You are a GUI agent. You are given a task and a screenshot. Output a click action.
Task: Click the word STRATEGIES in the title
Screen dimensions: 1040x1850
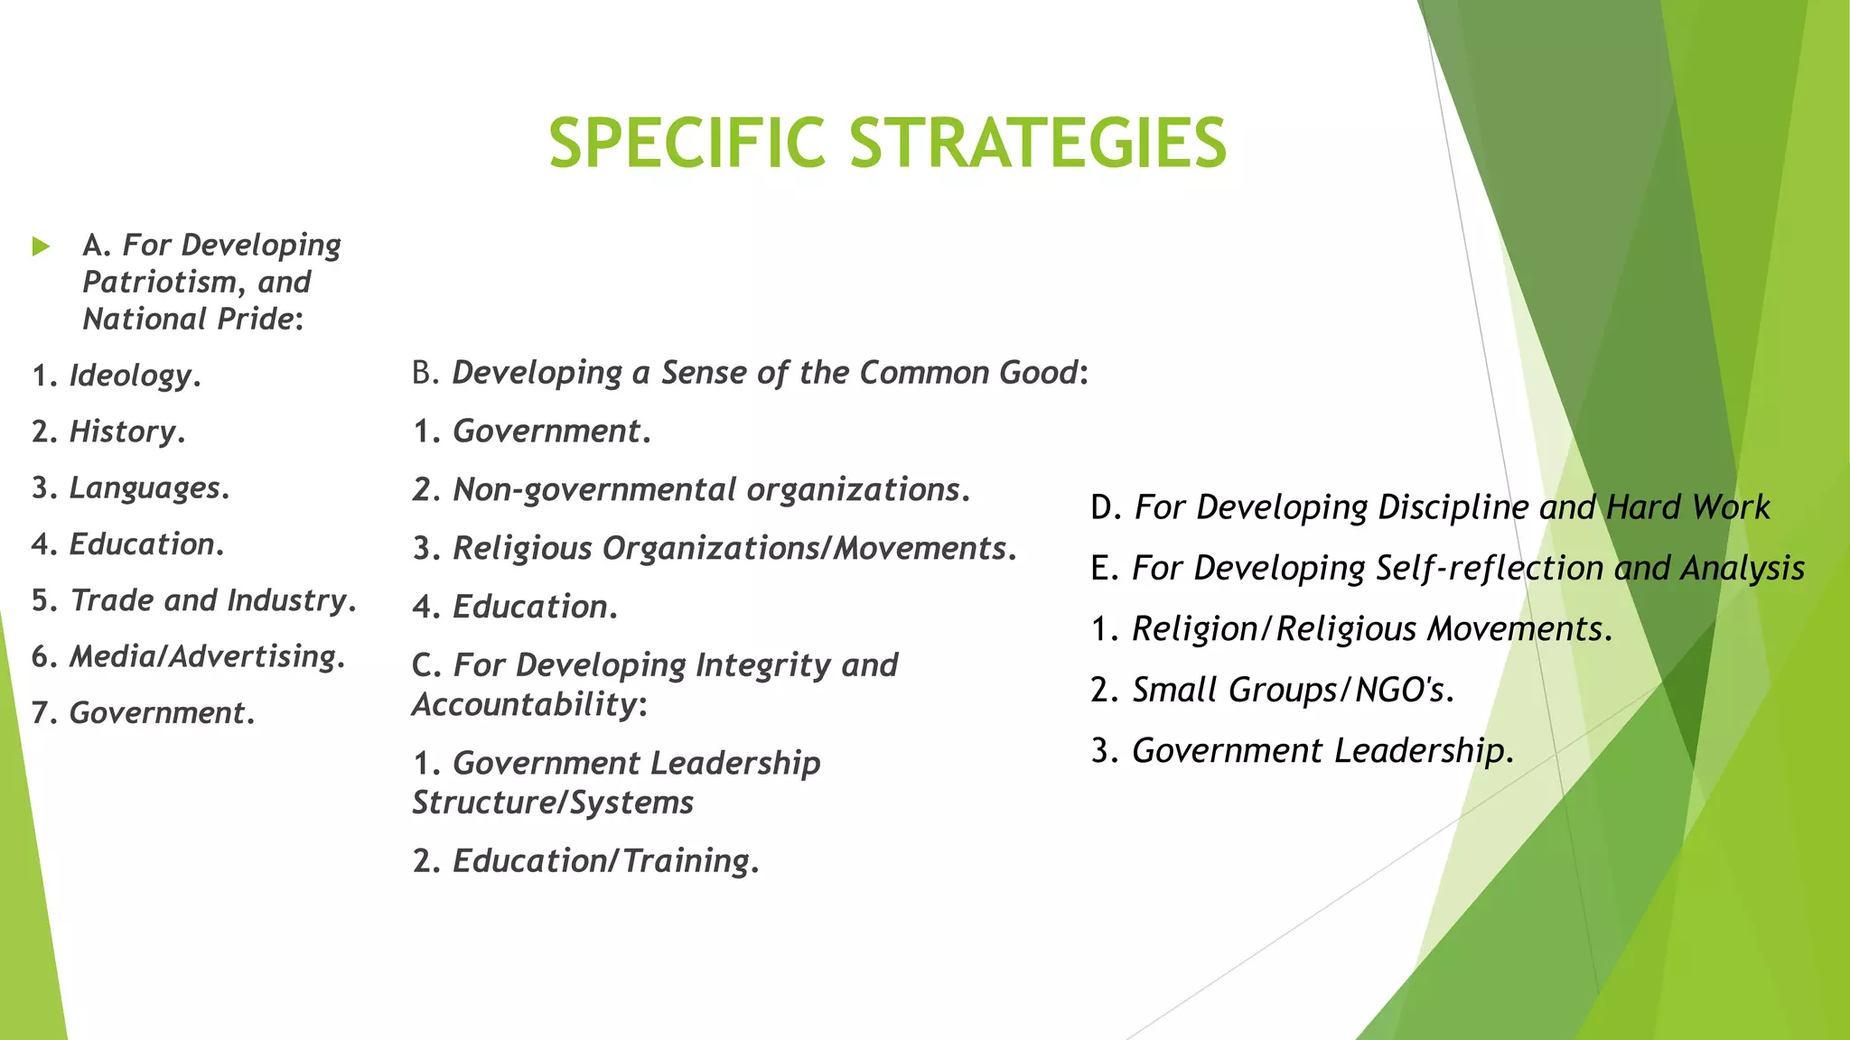pos(1038,144)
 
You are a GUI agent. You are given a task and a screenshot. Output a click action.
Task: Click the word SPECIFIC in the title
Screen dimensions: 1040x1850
pos(687,144)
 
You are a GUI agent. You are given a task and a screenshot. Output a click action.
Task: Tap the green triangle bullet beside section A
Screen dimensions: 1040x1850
pos(41,246)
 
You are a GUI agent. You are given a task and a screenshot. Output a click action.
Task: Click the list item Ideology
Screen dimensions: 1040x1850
pos(131,376)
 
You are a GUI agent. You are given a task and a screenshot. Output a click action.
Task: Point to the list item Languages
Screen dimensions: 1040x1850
pos(145,488)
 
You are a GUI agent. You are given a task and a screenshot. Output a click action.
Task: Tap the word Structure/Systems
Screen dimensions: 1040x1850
pos(553,803)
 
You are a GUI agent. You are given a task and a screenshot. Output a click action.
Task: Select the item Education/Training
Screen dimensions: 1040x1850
pos(602,861)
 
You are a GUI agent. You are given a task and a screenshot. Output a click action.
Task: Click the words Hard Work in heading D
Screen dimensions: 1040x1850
pos(1687,507)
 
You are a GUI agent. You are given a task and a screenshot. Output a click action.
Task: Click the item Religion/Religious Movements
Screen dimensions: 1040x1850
pos(1368,629)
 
